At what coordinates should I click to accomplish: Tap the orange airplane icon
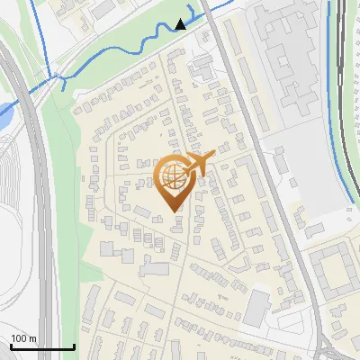coord(200,163)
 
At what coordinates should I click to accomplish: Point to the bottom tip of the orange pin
coord(174,211)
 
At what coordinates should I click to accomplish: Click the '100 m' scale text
coord(23,338)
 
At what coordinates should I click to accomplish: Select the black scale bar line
coord(42,346)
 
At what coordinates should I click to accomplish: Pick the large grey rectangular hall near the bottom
coord(256,308)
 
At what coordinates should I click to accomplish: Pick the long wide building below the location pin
coord(155,268)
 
